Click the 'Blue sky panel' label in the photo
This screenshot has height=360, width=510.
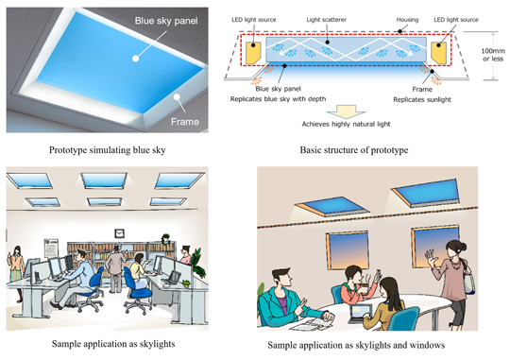point(166,21)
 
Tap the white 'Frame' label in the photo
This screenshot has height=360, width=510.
point(185,122)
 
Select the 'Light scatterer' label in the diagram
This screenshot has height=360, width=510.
point(326,20)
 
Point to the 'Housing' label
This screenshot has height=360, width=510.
point(407,20)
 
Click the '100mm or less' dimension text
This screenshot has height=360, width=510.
point(493,55)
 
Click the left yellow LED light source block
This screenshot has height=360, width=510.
point(253,53)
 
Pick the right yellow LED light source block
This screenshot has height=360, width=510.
point(438,53)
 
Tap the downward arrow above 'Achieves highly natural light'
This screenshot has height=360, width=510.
point(346,111)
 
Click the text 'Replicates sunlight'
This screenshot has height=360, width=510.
point(422,99)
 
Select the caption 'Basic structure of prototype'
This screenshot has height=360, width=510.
point(354,150)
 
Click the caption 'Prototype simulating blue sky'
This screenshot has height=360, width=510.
point(108,150)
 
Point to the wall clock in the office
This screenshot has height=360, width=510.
point(119,233)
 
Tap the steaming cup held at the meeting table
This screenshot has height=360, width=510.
point(365,285)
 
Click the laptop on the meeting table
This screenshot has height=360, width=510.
point(360,314)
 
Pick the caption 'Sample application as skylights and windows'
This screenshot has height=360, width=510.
point(356,345)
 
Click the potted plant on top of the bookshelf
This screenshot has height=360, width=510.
point(166,239)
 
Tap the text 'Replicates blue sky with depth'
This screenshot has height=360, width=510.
point(278,99)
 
